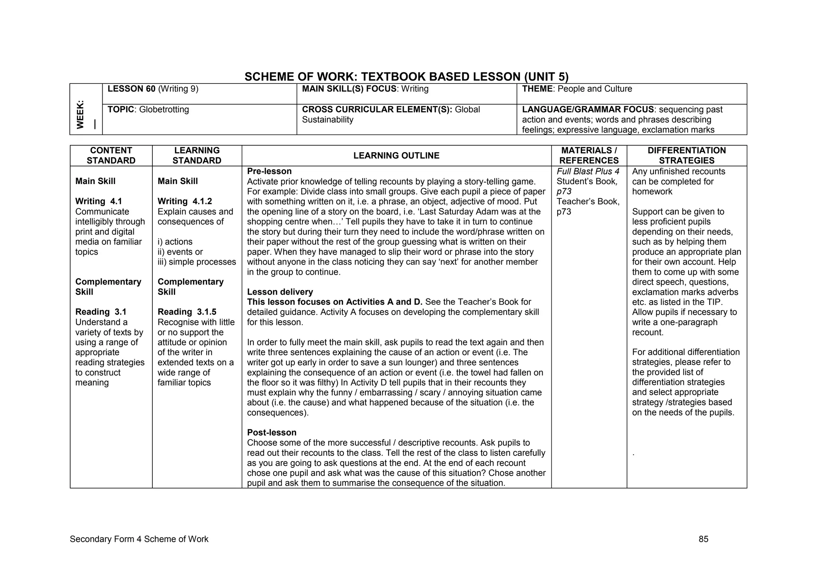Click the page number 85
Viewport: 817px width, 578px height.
[703, 539]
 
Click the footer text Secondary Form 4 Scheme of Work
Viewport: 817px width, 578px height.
[139, 539]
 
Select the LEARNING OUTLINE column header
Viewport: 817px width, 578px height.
[396, 156]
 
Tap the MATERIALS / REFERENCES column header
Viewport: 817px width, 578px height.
[589, 156]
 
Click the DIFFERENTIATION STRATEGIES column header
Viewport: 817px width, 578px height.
[687, 156]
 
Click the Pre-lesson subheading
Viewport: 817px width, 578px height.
[269, 171]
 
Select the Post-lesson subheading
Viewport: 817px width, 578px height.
[272, 433]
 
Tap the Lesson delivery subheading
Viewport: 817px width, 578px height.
[280, 292]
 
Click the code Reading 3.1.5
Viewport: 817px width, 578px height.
[187, 312]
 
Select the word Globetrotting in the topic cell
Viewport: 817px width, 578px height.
[164, 109]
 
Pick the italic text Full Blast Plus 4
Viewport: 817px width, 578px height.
[588, 171]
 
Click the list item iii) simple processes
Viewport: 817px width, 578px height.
[197, 262]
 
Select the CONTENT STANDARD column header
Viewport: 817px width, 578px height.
[111, 156]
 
